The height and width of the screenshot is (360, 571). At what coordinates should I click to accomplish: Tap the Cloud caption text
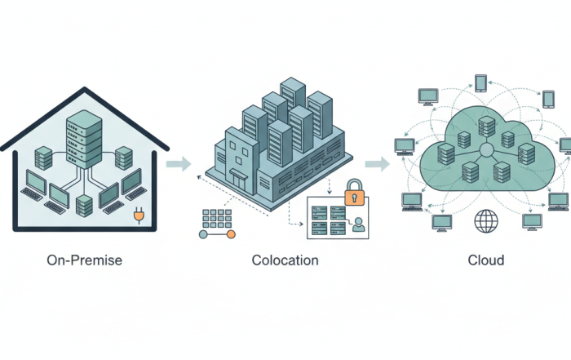click(486, 260)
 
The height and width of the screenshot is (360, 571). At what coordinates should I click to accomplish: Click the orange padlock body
click(354, 197)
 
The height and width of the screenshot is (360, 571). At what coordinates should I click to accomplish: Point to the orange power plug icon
click(139, 216)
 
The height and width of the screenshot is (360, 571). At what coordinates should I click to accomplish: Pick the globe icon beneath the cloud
click(486, 220)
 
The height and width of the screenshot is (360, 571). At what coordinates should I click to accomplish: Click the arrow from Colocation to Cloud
click(377, 164)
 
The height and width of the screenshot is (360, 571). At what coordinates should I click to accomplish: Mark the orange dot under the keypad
click(231, 234)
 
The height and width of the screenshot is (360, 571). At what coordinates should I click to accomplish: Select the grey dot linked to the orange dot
click(204, 234)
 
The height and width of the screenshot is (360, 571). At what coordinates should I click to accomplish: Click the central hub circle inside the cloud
click(486, 151)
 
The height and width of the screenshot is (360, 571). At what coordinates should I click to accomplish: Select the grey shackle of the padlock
click(354, 184)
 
